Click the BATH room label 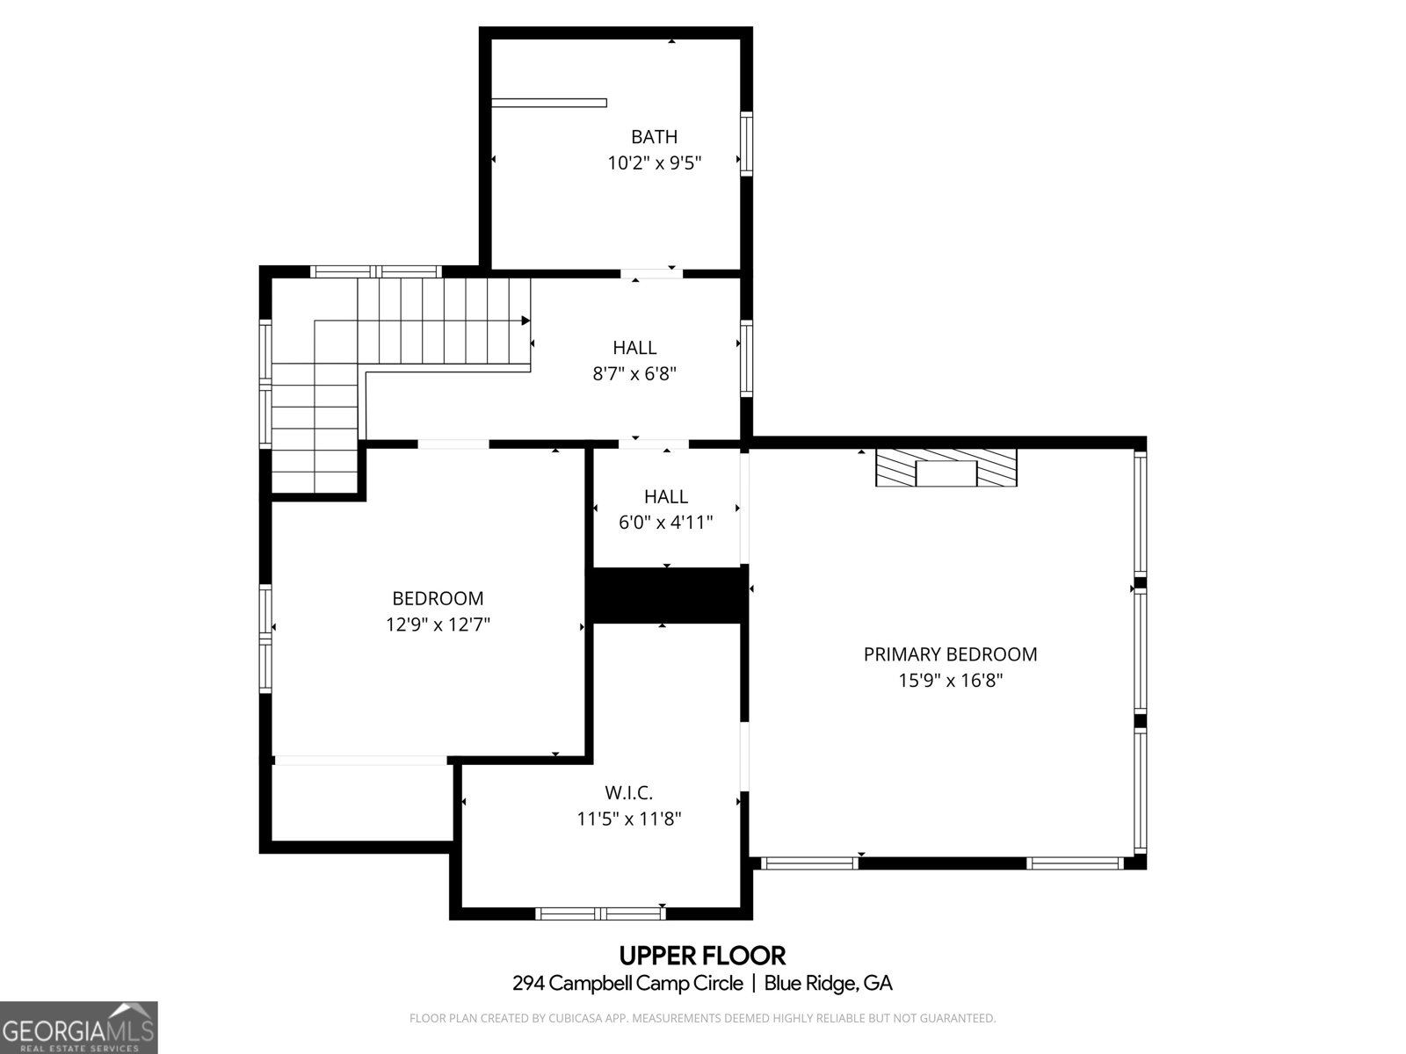654,137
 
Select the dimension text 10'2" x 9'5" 654,163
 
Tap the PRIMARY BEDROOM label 950,654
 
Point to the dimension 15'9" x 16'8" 950,681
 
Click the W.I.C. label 628,793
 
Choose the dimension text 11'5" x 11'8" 628,819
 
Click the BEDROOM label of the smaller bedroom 438,599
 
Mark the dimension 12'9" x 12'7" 438,625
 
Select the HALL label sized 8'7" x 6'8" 634,348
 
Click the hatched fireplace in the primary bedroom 946,467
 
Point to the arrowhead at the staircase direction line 525,321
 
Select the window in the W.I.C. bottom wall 600,913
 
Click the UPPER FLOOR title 702,955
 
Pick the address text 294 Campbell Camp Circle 627,984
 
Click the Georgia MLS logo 79,1028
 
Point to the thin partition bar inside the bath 549,103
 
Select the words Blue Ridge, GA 828,984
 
